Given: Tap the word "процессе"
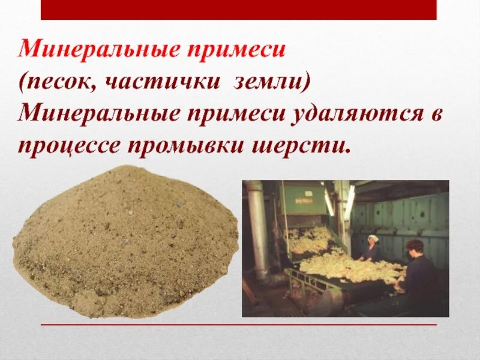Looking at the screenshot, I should click(75, 146).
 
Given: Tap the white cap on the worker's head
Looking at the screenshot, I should click(373, 239).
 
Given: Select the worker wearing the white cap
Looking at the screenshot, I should click(372, 249).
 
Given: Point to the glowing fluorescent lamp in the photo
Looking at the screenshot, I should click(349, 201).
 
